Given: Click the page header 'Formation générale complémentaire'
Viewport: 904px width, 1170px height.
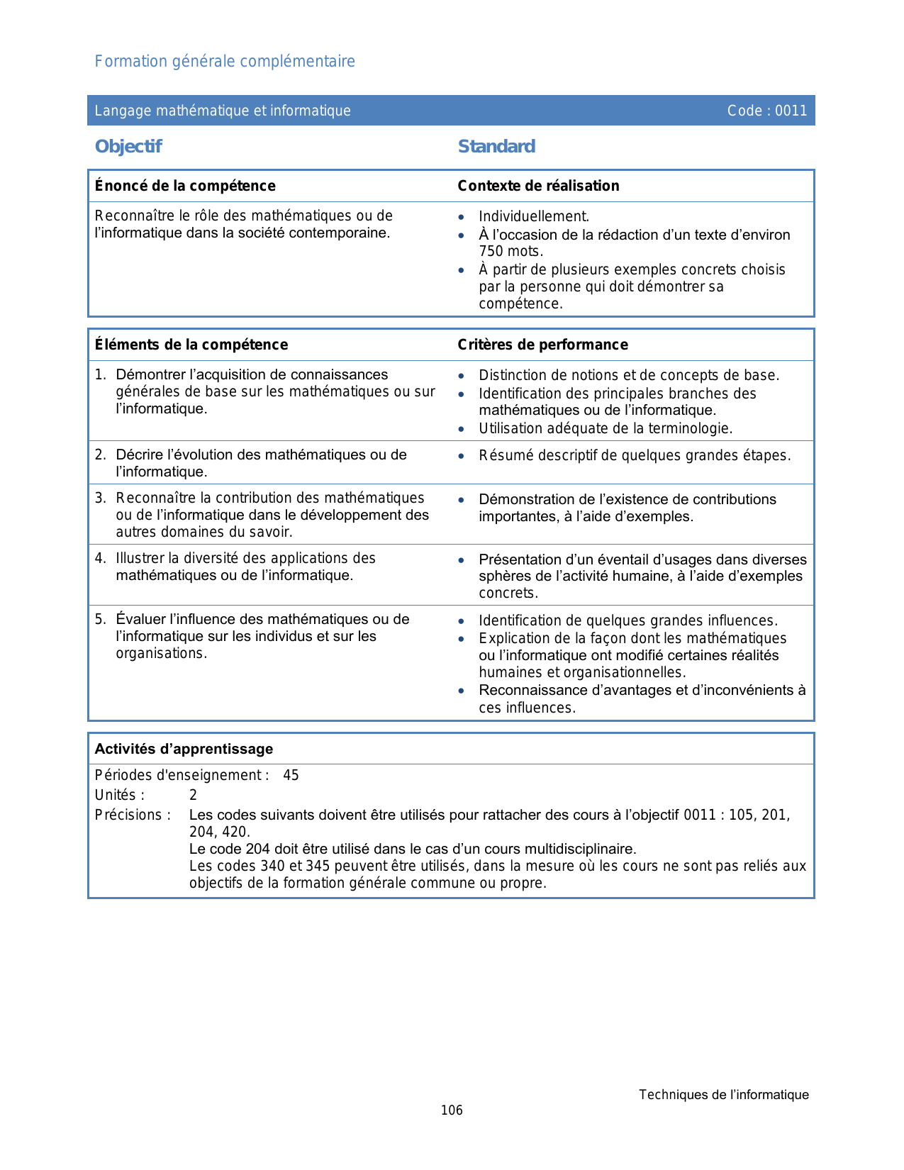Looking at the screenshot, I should coord(225,62).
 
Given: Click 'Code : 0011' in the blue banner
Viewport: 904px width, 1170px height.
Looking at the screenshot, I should coord(766,111).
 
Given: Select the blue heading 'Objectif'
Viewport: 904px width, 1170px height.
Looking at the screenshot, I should coord(128,147).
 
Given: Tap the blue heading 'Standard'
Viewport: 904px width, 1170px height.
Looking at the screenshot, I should coord(496,147).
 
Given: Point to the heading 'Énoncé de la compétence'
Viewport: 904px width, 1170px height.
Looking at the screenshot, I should coord(185,186).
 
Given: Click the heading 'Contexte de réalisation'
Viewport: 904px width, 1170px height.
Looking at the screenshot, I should coord(538,186).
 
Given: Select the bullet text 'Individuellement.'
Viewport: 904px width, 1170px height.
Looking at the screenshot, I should coord(534,217).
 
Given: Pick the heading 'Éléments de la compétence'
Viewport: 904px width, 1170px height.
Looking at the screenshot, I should coord(191,345).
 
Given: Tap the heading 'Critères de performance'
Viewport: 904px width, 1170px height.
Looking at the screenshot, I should coord(542,345).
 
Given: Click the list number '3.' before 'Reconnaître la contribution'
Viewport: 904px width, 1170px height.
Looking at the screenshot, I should coord(101,498).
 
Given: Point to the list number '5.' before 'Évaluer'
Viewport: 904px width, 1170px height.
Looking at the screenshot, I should coord(101,620).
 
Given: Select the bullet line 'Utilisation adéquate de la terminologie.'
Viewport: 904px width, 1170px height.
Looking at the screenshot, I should coord(606,428).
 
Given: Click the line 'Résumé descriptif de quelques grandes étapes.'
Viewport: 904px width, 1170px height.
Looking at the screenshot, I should coord(635,456).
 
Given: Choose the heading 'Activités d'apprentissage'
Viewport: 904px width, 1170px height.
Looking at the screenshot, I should coord(184,750).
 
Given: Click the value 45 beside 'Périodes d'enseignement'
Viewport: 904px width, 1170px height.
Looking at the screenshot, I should coord(291,776).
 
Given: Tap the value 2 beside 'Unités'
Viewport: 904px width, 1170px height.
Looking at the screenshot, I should coord(193,796).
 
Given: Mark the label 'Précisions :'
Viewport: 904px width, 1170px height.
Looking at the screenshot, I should coord(133,815).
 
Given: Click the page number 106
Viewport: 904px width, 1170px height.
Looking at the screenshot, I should coord(452,1110).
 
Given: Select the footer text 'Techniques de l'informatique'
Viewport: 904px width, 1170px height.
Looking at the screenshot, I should coord(723,1095).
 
